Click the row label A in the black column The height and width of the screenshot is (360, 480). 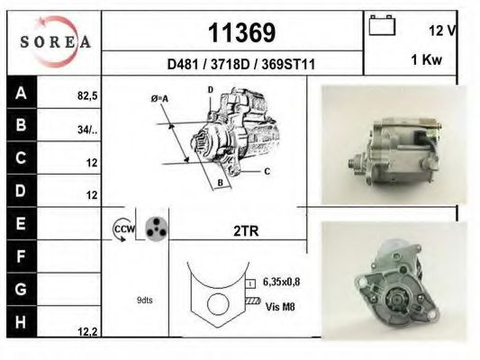21,92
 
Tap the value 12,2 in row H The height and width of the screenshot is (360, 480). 86,331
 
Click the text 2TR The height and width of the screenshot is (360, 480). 246,231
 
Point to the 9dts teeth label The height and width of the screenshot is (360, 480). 144,300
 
